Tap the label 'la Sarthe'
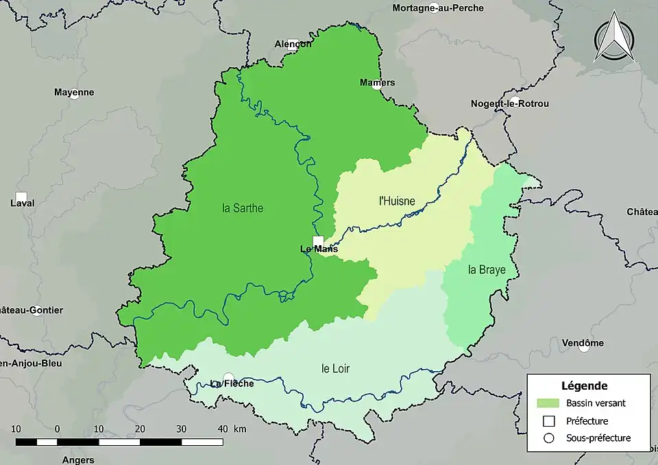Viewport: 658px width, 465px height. point(243,208)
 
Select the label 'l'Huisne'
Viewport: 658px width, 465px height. point(397,201)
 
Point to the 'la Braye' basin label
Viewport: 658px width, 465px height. point(487,270)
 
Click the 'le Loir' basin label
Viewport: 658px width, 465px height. point(335,368)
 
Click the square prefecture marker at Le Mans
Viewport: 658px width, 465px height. point(318,240)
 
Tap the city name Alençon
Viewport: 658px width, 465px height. point(292,44)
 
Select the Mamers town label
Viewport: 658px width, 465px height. point(377,83)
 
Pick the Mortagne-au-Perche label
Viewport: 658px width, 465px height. point(438,8)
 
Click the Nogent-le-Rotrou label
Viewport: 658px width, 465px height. point(509,104)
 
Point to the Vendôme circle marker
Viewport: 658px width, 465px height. point(583,347)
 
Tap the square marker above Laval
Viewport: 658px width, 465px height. point(22,196)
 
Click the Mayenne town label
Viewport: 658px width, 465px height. point(74,92)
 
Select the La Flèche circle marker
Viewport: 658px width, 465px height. point(229,377)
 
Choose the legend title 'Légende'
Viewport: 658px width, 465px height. point(584,386)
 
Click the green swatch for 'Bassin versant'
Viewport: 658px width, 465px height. point(548,403)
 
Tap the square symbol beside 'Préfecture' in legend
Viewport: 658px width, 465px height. point(548,420)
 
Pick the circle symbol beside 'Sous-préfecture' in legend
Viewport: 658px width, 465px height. point(548,438)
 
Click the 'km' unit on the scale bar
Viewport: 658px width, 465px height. point(239,429)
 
